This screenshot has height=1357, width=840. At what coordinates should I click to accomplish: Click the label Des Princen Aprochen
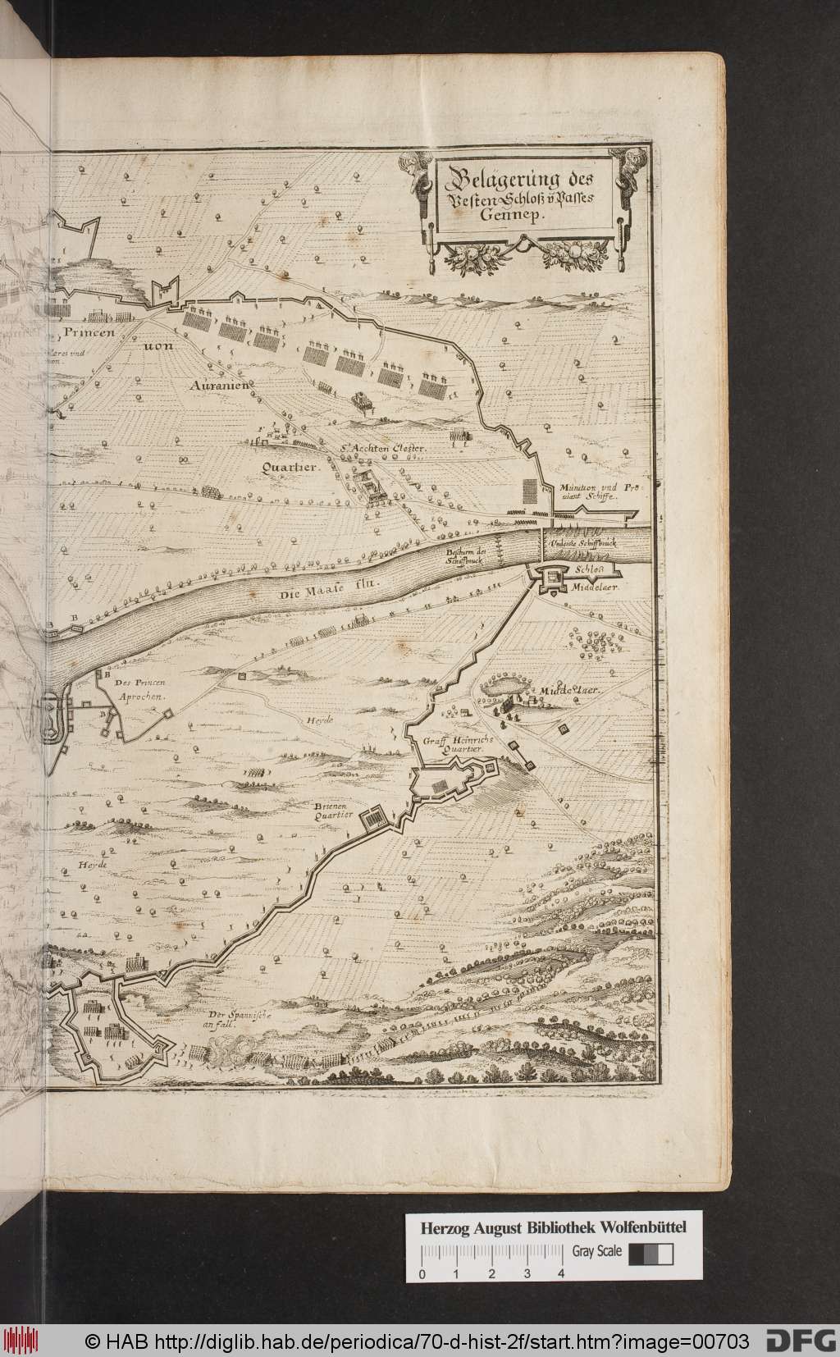tap(141, 690)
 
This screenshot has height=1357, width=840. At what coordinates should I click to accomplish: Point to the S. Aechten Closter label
tap(391, 450)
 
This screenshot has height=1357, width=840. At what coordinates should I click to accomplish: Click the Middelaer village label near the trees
tap(571, 691)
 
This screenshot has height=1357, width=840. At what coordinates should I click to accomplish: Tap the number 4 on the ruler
tap(561, 1229)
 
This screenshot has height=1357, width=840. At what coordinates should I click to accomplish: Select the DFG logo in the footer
tap(801, 1341)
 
